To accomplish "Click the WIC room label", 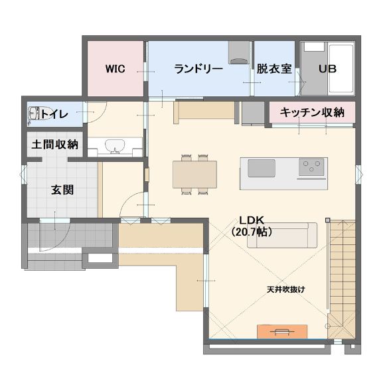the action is coord(115,68).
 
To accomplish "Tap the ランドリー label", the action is coord(198,69).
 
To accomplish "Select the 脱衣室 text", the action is coord(274,69).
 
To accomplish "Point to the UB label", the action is coord(327,69).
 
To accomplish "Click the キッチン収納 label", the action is coord(312,112).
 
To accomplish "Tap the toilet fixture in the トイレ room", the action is coord(36,114).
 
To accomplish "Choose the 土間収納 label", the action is coord(54,145).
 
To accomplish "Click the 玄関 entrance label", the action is coord(62,190).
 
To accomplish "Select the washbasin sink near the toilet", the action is coord(115,146).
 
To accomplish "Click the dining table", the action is coord(194,175).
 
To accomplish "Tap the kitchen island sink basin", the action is coord(262,168).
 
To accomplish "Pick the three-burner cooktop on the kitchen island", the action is coord(311,167).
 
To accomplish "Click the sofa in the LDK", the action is coord(282,235).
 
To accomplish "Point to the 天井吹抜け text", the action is coord(286,289).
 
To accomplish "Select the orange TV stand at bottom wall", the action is coord(282,331).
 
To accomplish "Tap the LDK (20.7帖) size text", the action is coord(252,226).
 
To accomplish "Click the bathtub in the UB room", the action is coord(341,69).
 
